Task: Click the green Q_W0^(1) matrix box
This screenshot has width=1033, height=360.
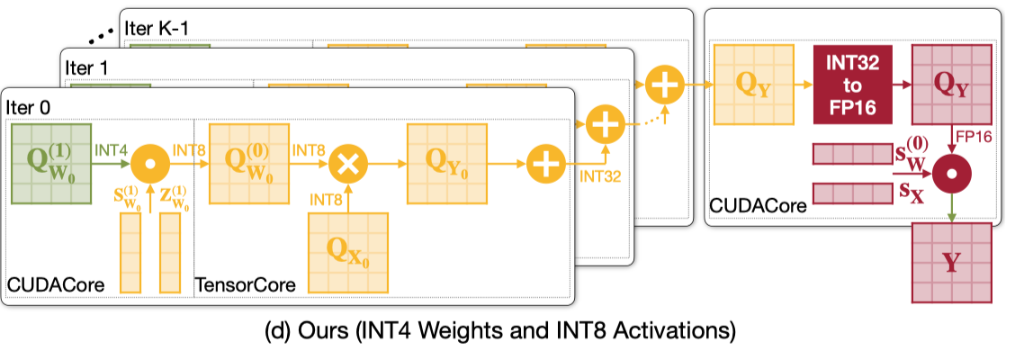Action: [x=51, y=165]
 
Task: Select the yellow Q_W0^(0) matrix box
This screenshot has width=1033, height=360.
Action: [x=249, y=165]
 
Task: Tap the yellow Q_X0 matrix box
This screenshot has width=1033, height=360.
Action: [x=349, y=251]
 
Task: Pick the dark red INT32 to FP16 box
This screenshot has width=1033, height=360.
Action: [x=853, y=85]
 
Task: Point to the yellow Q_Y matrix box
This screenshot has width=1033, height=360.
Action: [x=754, y=85]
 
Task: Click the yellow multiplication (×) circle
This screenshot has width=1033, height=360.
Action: [x=349, y=166]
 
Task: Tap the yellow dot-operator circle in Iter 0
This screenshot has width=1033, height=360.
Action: [x=151, y=166]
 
